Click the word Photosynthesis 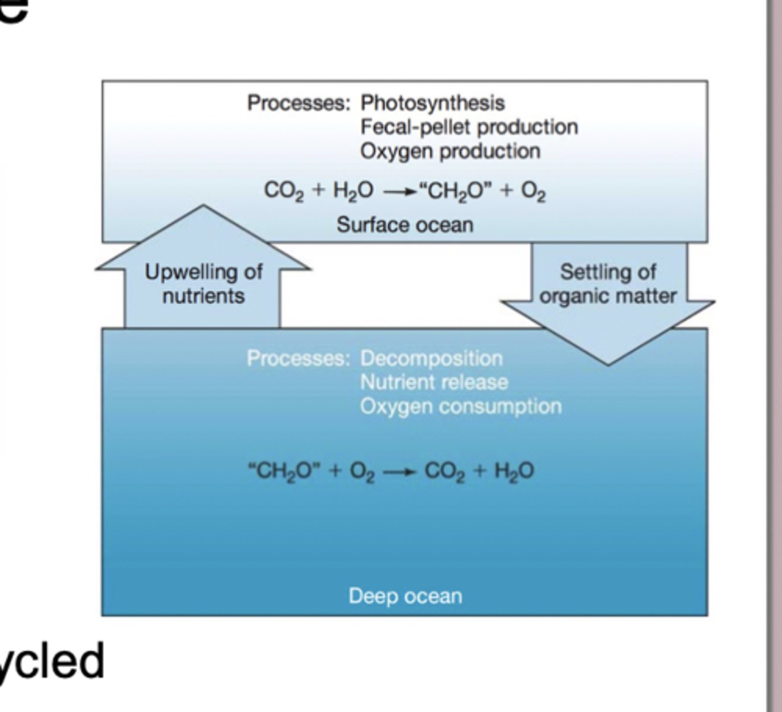pos(433,103)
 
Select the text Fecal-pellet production pos(469,127)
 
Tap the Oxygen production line pos(450,151)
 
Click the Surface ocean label pos(405,225)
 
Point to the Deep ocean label pos(405,596)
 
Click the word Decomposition pos(431,358)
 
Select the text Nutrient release pos(434,382)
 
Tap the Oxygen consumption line pos(460,406)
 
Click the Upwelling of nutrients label pos(204,284)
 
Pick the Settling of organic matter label pos(608,284)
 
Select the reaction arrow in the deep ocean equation pos(396,472)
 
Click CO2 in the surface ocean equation pos(284,191)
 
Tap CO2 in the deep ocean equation pos(444,472)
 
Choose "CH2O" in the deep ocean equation pos(284,472)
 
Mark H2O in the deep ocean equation pos(514,472)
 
